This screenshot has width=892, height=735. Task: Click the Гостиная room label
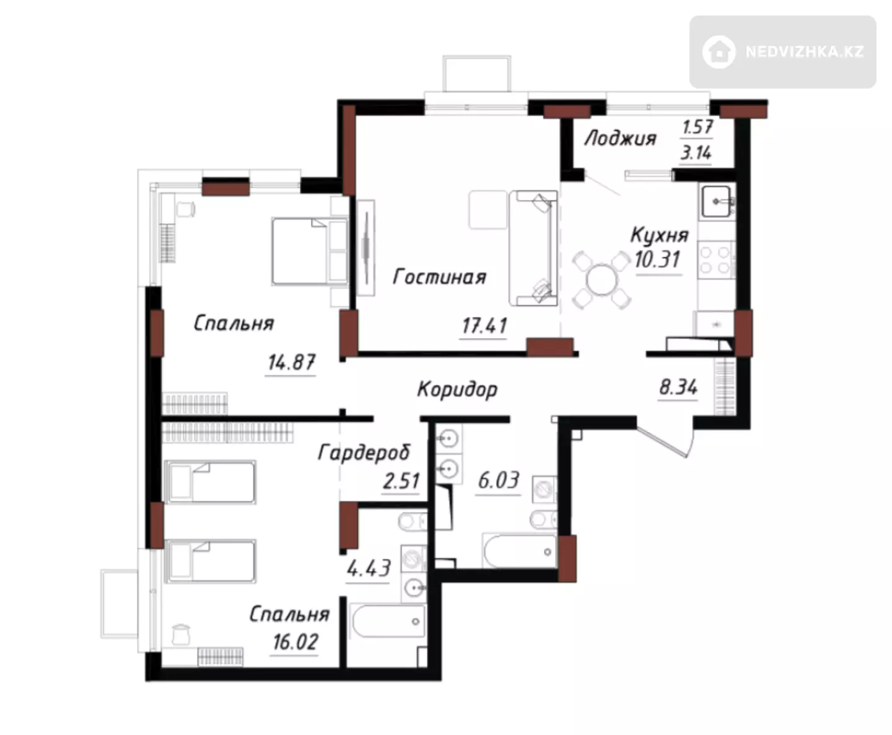440,277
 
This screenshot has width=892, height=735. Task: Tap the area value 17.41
484,326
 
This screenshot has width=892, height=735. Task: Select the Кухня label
660,235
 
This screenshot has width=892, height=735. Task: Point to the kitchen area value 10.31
657,259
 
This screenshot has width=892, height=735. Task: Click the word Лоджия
620,138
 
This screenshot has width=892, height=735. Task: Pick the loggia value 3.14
696,152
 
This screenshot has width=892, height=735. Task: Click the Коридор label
457,389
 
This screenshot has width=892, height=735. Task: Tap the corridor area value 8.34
678,388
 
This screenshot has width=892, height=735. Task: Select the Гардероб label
364,453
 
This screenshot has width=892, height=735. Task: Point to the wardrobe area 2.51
401,481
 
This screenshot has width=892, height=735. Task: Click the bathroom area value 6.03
499,481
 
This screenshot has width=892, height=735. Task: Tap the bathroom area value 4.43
369,568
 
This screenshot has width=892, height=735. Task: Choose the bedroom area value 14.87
291,363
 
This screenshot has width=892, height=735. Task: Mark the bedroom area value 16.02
295,642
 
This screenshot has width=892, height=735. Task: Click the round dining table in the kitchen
602,280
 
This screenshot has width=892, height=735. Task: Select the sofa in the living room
533,248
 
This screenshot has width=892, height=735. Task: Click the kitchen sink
717,201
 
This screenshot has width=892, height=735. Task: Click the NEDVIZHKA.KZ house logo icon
719,52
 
